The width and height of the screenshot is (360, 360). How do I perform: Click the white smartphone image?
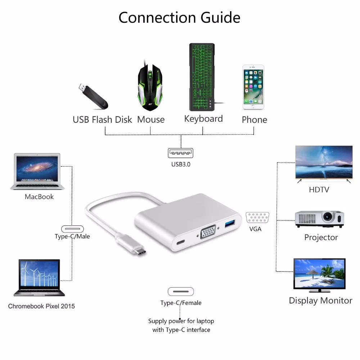point(253,87)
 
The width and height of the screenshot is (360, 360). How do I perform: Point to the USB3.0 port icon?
point(180,153)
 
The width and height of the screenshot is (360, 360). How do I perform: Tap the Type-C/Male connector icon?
point(72,229)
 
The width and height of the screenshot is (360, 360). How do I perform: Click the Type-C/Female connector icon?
point(181,292)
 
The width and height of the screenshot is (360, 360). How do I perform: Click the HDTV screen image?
point(324,164)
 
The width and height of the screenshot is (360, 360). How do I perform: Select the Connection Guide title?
point(179,17)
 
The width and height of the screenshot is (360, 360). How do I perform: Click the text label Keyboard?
point(203,119)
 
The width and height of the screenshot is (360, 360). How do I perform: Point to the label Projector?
point(321,237)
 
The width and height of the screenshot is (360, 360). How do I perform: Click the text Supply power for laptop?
point(181,321)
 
